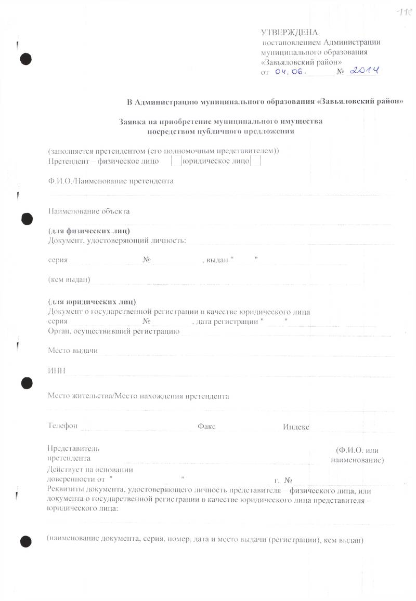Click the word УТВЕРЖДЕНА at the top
(289, 33)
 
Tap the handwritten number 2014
(363, 70)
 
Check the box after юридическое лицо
(255, 162)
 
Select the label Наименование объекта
(88, 211)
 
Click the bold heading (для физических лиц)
(88, 231)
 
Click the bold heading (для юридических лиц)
(92, 302)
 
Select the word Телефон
(62, 426)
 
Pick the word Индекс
(296, 426)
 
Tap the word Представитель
(73, 448)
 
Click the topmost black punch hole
(25, 59)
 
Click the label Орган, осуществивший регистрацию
(113, 331)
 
